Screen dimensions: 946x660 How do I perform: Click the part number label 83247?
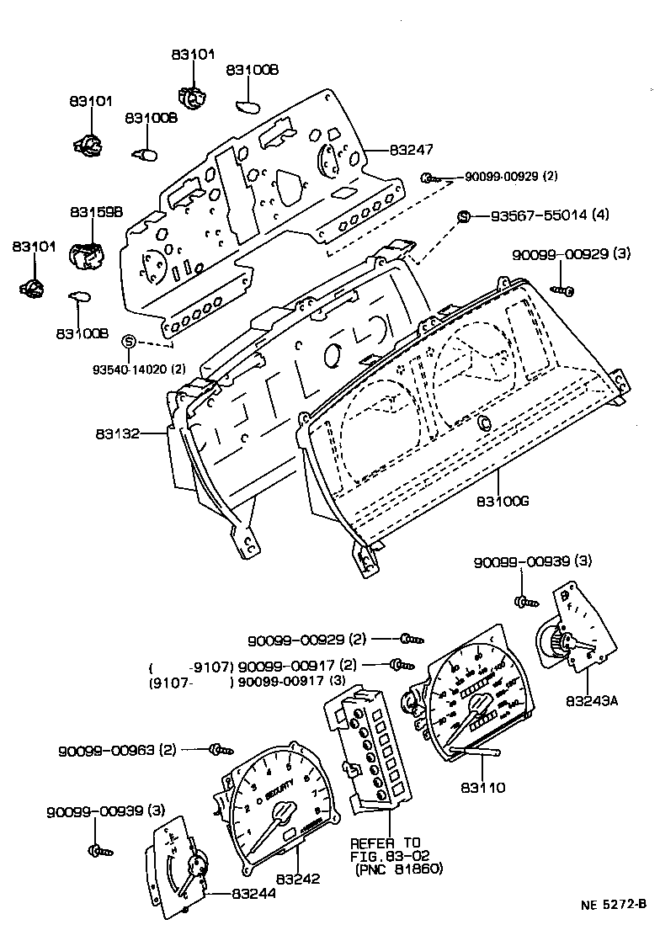click(x=411, y=151)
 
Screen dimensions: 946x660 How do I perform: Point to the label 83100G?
click(x=503, y=501)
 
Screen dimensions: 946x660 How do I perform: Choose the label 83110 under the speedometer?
click(x=482, y=789)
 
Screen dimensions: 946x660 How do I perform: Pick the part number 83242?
click(x=298, y=879)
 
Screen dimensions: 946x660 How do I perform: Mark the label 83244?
click(x=253, y=894)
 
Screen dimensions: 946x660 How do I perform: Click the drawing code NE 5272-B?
click(x=613, y=905)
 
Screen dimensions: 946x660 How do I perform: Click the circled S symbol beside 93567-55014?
click(x=463, y=216)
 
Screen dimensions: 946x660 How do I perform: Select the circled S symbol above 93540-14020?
click(x=129, y=341)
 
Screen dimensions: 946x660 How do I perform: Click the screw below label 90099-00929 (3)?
click(x=564, y=290)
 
